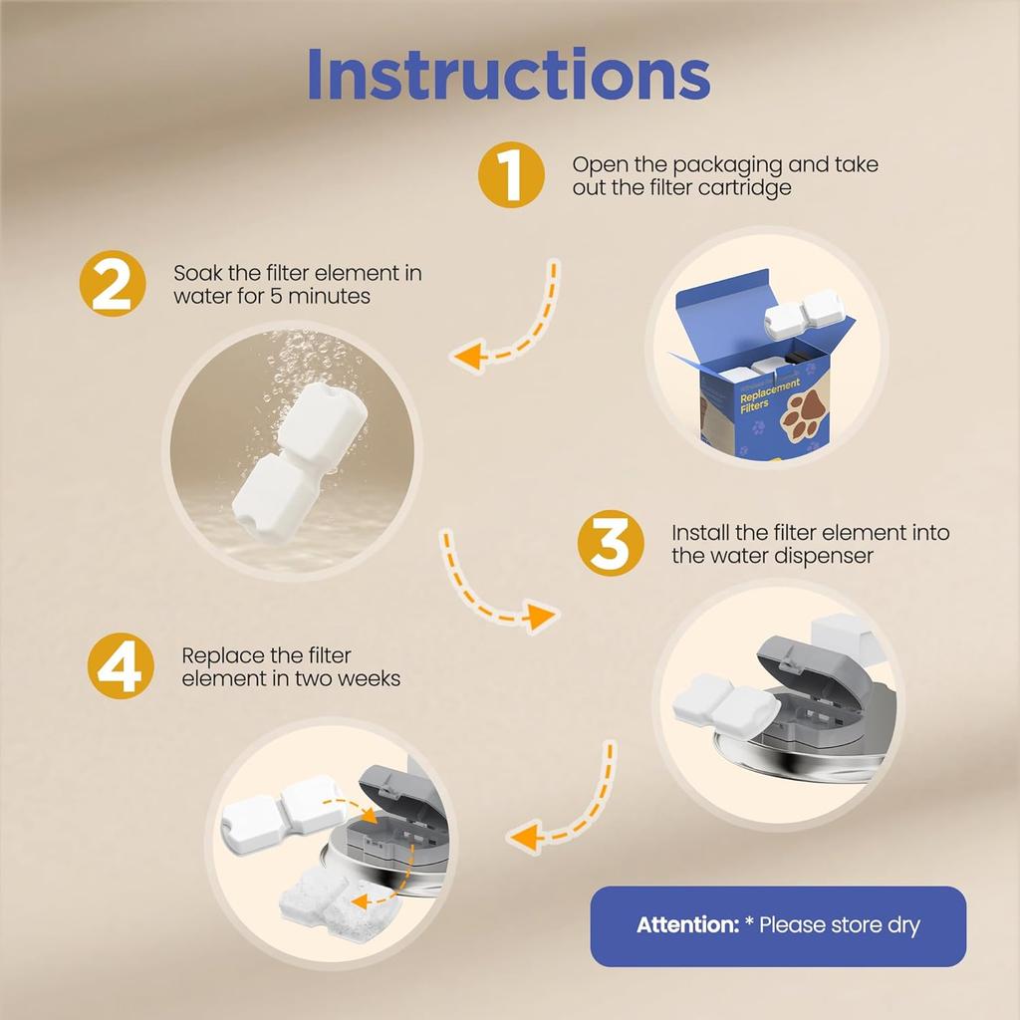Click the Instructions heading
[x=508, y=73]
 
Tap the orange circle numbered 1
[x=510, y=175]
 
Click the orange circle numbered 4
[x=121, y=666]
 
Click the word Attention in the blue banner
[x=685, y=925]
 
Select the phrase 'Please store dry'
[x=840, y=925]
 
